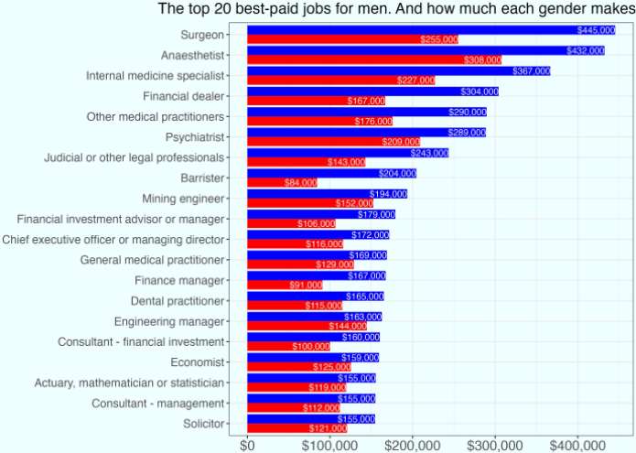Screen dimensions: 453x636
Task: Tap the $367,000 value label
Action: pos(531,70)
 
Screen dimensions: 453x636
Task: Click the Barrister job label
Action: pos(202,178)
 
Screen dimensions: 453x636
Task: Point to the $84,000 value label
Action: pos(299,183)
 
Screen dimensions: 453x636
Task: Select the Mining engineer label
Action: pos(183,199)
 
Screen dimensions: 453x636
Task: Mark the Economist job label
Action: pos(198,362)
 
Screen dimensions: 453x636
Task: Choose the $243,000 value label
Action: pos(429,153)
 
